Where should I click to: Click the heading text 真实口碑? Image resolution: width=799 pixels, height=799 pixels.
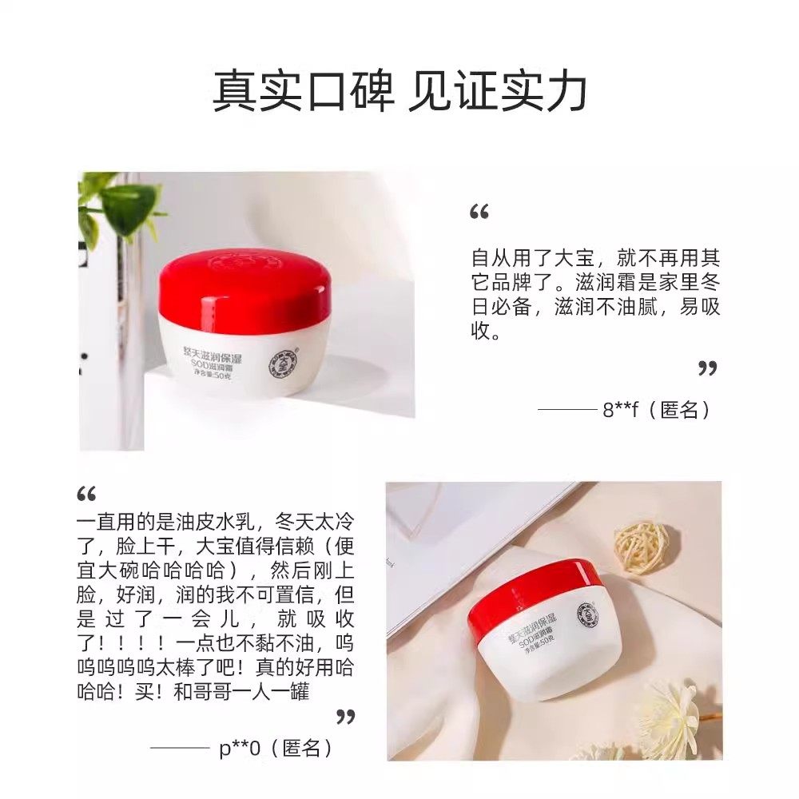coord(304,92)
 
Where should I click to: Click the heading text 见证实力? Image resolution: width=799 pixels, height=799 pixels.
coord(497,92)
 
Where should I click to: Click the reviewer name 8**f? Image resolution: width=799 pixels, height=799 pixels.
coord(619,411)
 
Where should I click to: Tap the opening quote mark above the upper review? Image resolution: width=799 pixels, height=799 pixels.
coord(479,213)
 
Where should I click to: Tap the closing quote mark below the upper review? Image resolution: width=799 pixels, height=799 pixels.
coord(707,368)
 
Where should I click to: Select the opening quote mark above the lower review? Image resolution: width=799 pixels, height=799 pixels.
coord(86,493)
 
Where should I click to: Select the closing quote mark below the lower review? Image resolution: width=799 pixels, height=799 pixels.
coord(345,716)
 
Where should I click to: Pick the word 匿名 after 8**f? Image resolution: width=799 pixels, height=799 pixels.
coord(680,411)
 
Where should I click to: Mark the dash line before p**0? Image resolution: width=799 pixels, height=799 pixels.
coord(180,749)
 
